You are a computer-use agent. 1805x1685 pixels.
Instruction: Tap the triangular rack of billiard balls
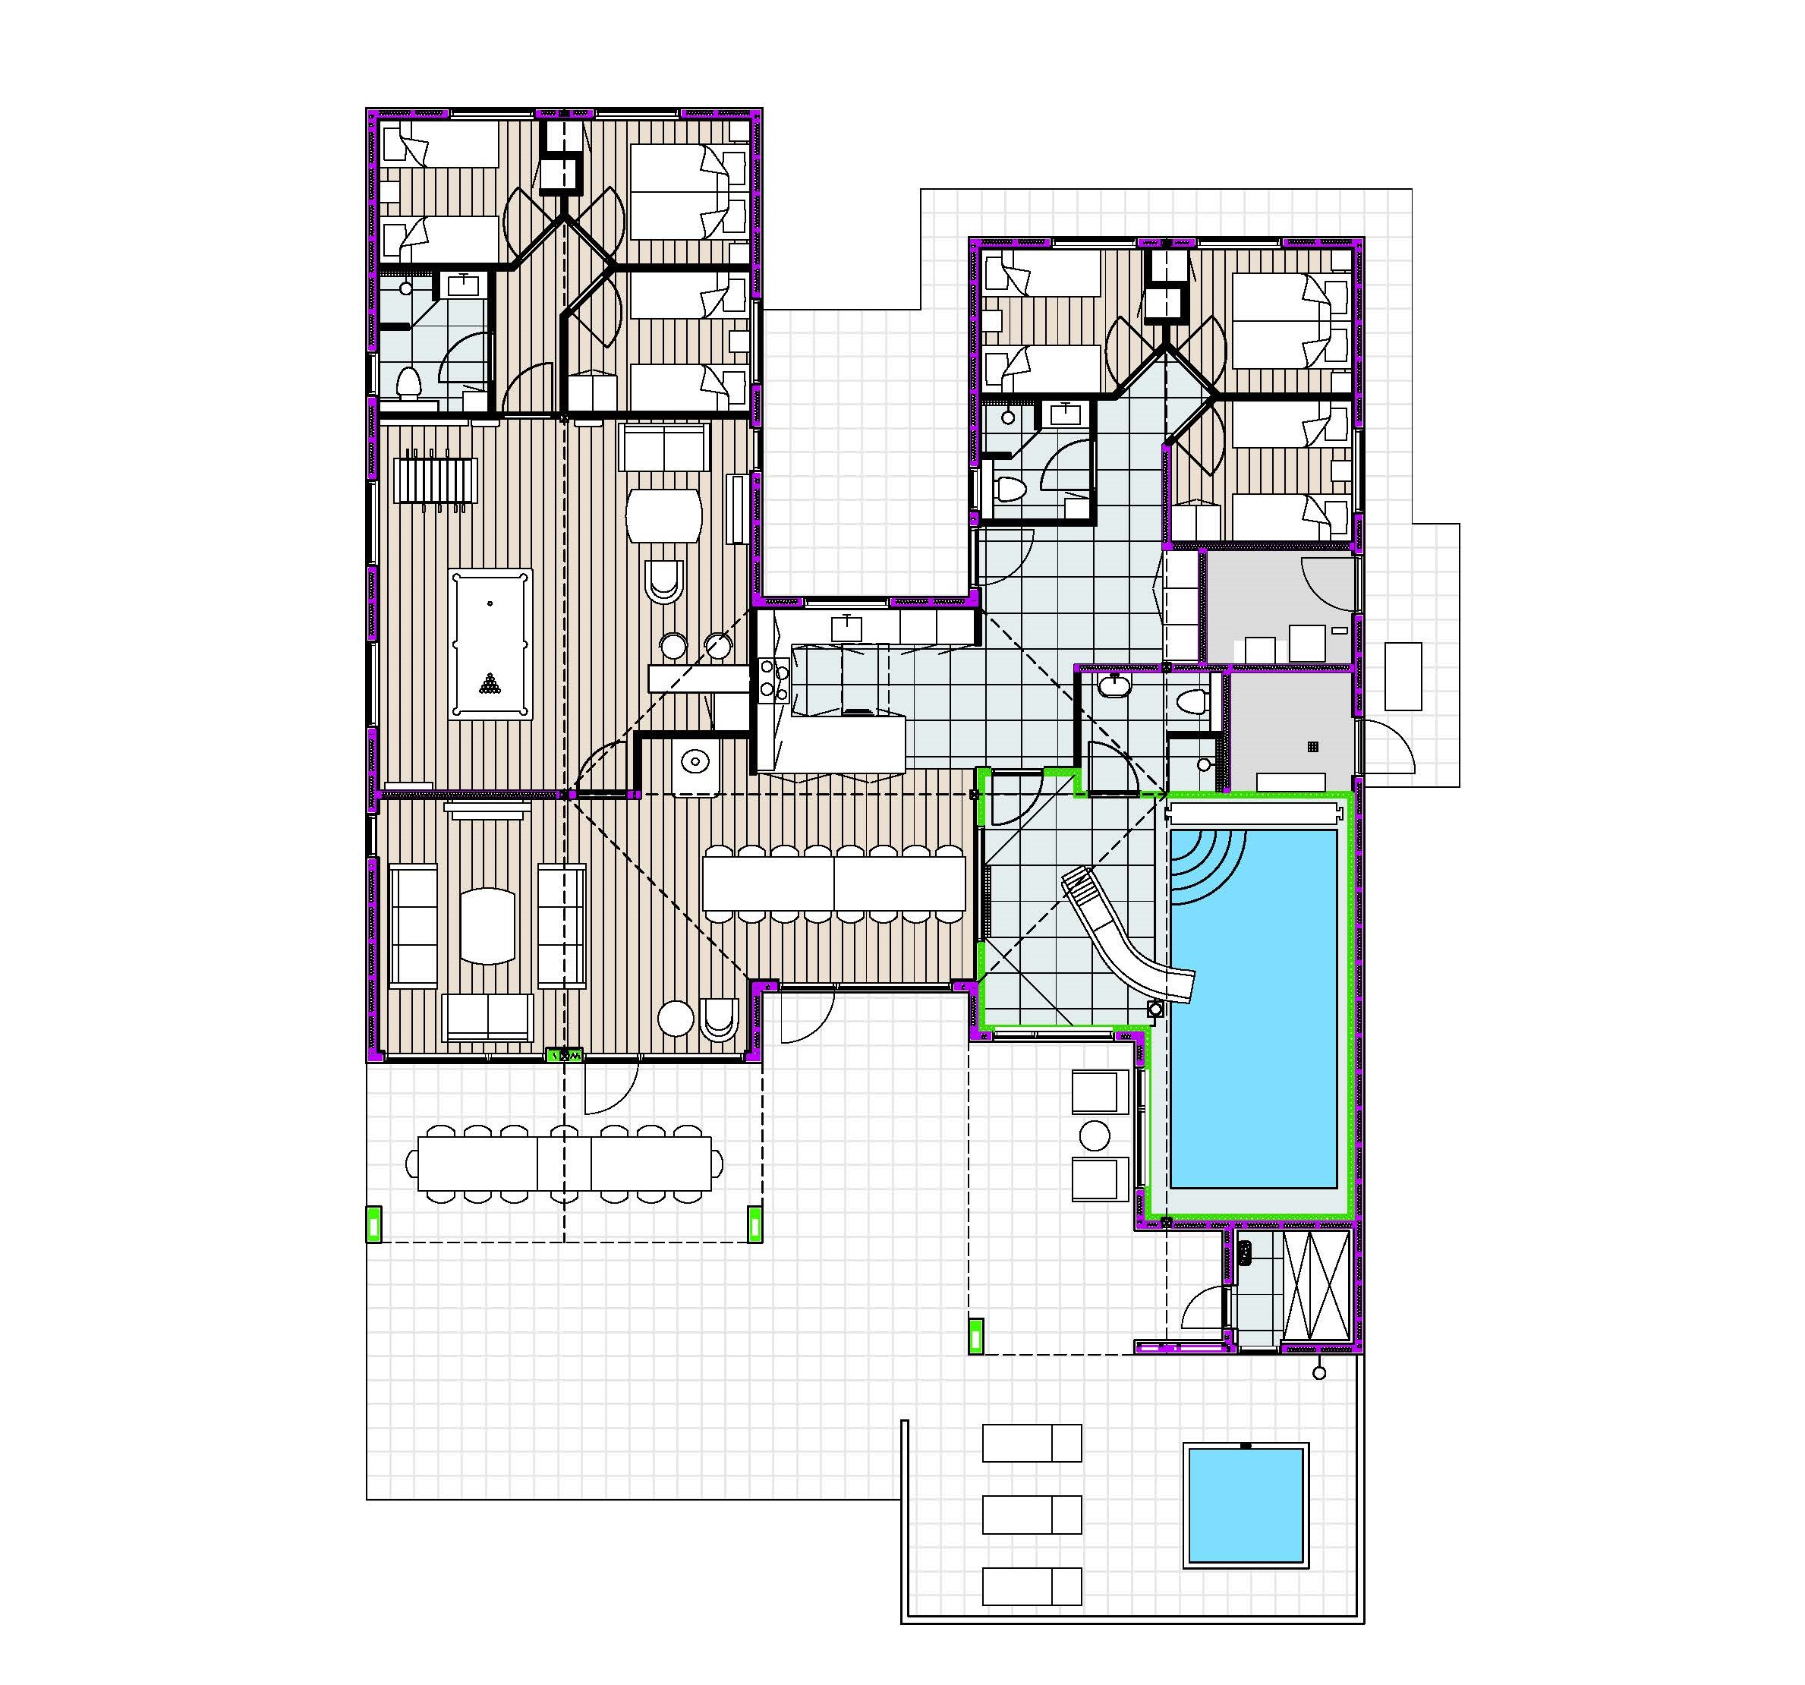tap(490, 682)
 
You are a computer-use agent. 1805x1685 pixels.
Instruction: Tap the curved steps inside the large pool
tap(1203, 862)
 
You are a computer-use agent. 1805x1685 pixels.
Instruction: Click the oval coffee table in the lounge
tap(487, 925)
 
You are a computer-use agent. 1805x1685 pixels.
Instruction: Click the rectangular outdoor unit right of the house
tap(1403, 676)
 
